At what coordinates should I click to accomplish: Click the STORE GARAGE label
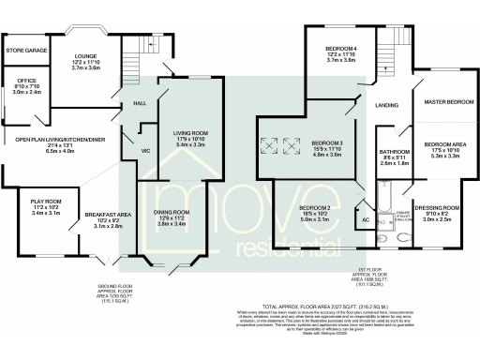tap(26, 49)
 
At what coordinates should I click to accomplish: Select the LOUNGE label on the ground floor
tap(87, 56)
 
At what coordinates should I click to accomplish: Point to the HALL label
tap(140, 103)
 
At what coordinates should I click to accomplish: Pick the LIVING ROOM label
tap(190, 133)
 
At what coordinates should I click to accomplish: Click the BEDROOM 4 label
tap(341, 49)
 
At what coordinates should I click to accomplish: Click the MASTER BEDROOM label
tap(447, 101)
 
